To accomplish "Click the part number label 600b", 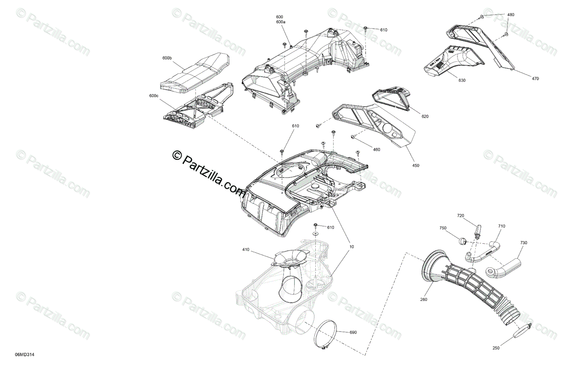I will click(167, 58).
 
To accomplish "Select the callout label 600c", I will click(153, 96).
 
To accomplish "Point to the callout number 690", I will click(353, 333).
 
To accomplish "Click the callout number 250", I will click(496, 348).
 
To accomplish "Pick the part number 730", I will click(524, 243).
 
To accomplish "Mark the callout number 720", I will click(461, 216).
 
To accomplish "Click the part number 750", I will click(443, 228).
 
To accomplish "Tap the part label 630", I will click(462, 80).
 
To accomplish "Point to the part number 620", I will click(425, 116).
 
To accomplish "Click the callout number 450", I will click(416, 165).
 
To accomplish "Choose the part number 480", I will click(510, 15).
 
